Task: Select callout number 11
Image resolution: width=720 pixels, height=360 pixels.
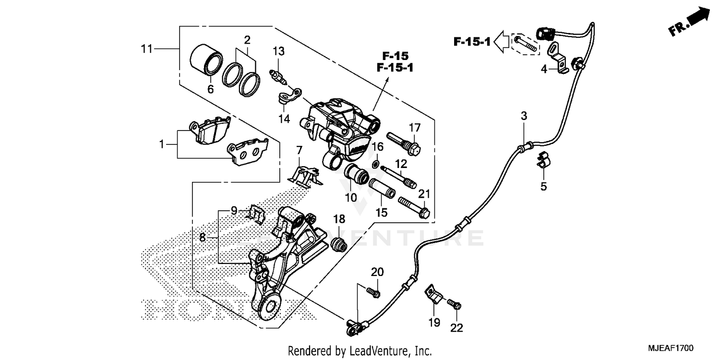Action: (146, 48)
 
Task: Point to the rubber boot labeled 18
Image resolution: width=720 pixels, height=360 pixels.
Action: (340, 244)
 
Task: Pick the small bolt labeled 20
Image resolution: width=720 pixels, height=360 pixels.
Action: (373, 291)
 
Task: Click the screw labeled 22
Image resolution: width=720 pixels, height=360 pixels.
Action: (454, 304)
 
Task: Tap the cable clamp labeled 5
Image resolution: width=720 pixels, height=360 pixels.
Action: (542, 160)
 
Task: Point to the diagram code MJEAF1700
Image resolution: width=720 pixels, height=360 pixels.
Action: (672, 348)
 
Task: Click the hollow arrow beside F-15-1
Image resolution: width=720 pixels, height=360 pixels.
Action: (502, 42)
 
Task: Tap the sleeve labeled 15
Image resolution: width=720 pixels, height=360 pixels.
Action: (382, 188)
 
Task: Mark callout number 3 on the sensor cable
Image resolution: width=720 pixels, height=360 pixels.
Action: (524, 116)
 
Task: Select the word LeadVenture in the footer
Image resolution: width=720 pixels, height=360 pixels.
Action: (374, 351)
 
